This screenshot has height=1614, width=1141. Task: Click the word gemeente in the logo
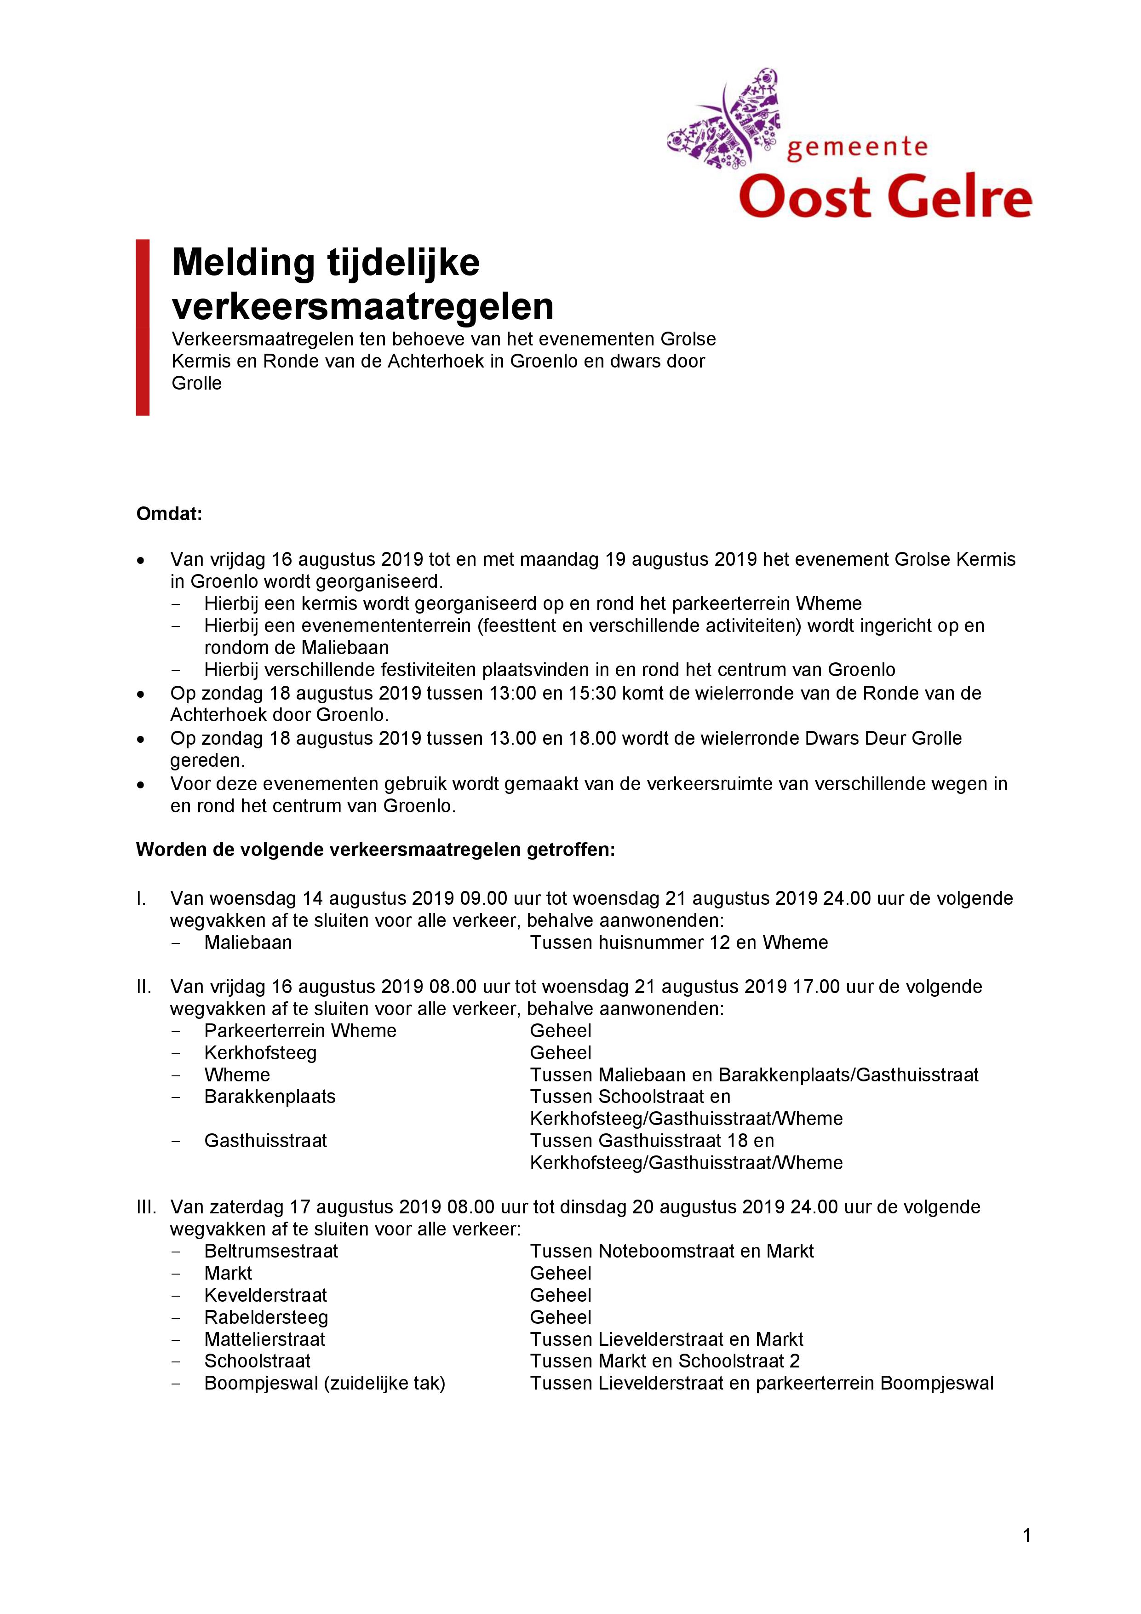point(856,148)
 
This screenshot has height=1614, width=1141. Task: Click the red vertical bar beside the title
point(143,327)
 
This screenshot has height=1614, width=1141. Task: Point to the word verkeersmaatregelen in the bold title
point(363,306)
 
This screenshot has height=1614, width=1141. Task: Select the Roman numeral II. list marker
point(143,987)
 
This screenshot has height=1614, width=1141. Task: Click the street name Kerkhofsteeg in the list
point(260,1053)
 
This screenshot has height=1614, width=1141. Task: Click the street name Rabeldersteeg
point(266,1317)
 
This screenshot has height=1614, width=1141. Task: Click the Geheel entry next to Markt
point(560,1273)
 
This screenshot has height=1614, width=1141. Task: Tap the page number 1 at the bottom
point(1027,1536)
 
